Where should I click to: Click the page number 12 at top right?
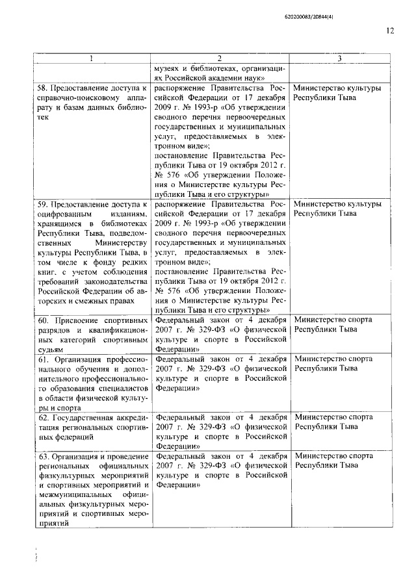[389, 30]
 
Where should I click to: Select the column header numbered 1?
[92, 58]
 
